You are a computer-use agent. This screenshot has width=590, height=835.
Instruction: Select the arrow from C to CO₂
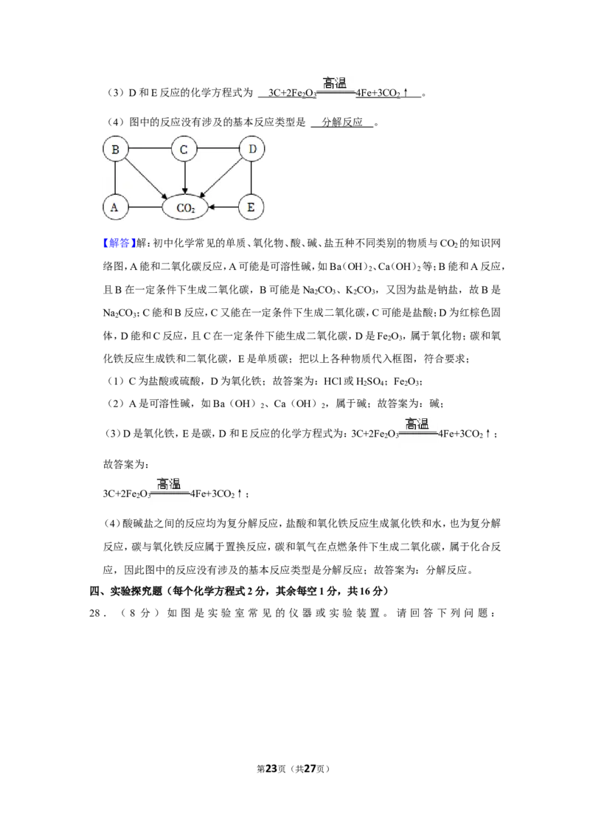pos(184,179)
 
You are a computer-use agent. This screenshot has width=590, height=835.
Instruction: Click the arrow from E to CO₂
pos(223,207)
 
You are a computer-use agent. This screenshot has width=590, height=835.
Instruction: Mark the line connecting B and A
pos(115,179)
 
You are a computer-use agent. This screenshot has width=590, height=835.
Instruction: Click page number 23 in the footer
pos(271,769)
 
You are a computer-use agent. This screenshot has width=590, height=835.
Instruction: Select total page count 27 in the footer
pos(310,769)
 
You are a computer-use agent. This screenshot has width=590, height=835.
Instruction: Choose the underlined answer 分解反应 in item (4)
pos(342,122)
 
